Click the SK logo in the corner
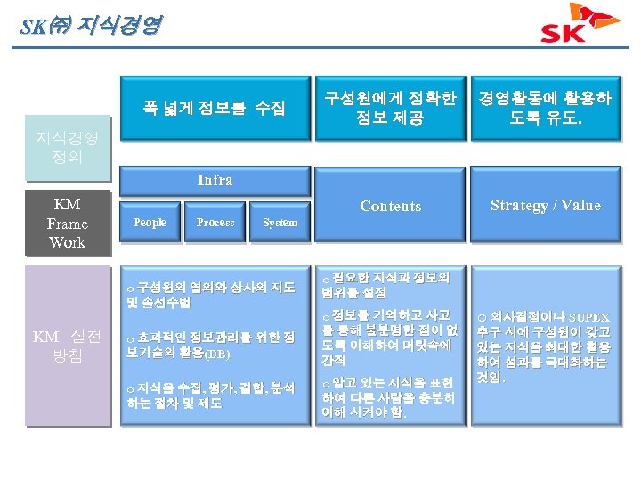(580, 24)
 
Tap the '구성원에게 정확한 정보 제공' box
(390, 108)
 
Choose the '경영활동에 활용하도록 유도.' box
(545, 108)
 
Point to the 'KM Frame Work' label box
(68, 224)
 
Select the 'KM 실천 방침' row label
(68, 345)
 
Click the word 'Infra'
(215, 180)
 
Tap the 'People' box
(150, 223)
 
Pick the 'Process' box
(215, 223)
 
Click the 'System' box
(280, 223)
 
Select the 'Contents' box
(390, 206)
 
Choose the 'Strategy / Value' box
(546, 206)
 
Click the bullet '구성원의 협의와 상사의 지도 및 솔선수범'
(211, 294)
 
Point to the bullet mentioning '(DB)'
(211, 346)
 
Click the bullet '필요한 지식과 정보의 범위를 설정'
(386, 282)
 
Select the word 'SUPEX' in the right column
(589, 316)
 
